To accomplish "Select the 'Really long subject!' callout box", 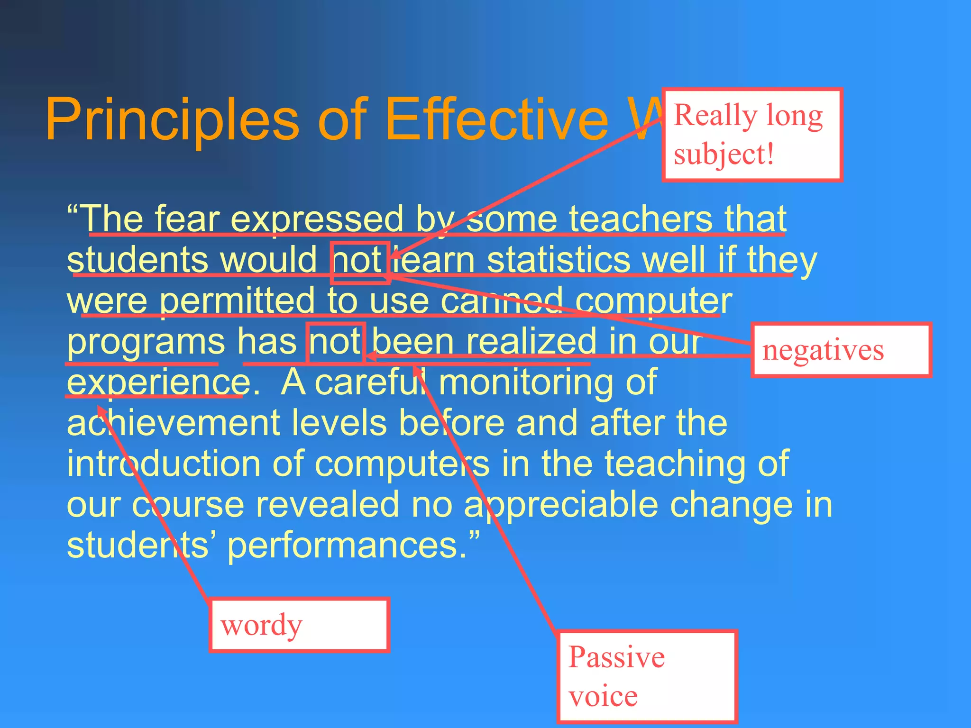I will point(751,135).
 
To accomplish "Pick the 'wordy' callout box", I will point(299,625).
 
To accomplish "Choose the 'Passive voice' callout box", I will point(647,676).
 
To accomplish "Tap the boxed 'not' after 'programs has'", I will point(335,343).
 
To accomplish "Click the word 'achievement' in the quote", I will point(174,423).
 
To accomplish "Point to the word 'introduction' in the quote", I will point(163,464).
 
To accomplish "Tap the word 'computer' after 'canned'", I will point(653,301).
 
